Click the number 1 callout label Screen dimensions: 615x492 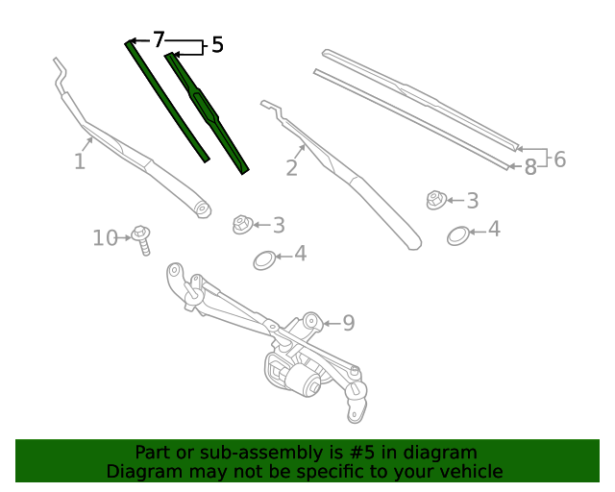pyautogui.click(x=80, y=161)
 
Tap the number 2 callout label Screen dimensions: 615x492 pyautogui.click(x=292, y=168)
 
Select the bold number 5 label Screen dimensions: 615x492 pyautogui.click(x=217, y=44)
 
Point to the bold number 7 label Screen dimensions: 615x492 pyautogui.click(x=158, y=39)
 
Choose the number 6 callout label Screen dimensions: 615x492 pyautogui.click(x=560, y=160)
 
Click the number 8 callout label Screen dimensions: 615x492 pyautogui.click(x=530, y=167)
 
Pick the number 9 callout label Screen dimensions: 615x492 pyautogui.click(x=349, y=323)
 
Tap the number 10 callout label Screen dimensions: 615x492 pyautogui.click(x=105, y=238)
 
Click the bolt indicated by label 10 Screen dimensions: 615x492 pyautogui.click(x=141, y=240)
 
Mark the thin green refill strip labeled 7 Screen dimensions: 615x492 pyautogui.click(x=166, y=101)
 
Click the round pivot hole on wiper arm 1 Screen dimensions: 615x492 pyautogui.click(x=203, y=209)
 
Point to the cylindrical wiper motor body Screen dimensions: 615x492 pyautogui.click(x=303, y=381)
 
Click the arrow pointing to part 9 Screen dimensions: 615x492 pyautogui.click(x=332, y=323)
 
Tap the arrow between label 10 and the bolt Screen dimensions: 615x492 pyautogui.click(x=124, y=237)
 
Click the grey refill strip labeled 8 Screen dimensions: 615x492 pyautogui.click(x=412, y=119)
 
